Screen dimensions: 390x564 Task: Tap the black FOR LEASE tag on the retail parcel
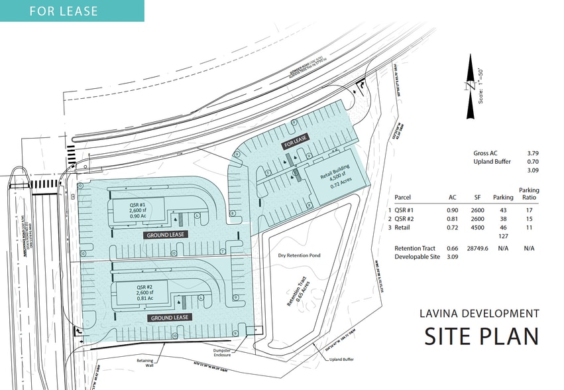coord(296,143)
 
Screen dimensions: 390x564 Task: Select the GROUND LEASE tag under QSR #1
coord(165,234)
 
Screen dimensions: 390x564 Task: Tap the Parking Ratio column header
coord(529,194)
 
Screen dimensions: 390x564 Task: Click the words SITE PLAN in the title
coord(481,336)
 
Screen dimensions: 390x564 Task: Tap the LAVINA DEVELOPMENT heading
coord(479,313)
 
